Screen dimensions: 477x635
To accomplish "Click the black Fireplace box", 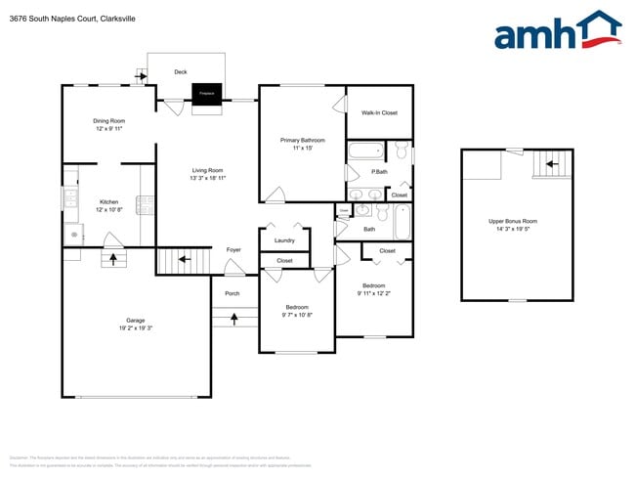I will [206, 93].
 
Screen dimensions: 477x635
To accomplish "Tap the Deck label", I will [180, 72].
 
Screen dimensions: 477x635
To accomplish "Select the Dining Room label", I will [109, 121].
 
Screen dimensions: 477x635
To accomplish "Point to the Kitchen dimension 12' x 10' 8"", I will [109, 210].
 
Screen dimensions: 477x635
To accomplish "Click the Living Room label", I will [207, 171].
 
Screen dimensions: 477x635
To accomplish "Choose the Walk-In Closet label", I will [379, 113].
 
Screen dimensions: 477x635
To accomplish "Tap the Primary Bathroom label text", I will [303, 141].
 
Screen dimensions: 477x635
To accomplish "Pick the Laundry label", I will [284, 240].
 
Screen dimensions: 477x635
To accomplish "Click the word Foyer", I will [233, 250].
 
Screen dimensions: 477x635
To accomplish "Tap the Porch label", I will [233, 293].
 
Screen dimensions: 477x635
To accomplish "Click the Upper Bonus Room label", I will [513, 222].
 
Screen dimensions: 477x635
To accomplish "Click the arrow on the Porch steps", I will [233, 316].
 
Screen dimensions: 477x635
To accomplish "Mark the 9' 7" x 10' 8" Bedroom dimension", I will [297, 315].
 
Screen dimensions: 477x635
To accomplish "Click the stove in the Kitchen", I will [145, 203].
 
